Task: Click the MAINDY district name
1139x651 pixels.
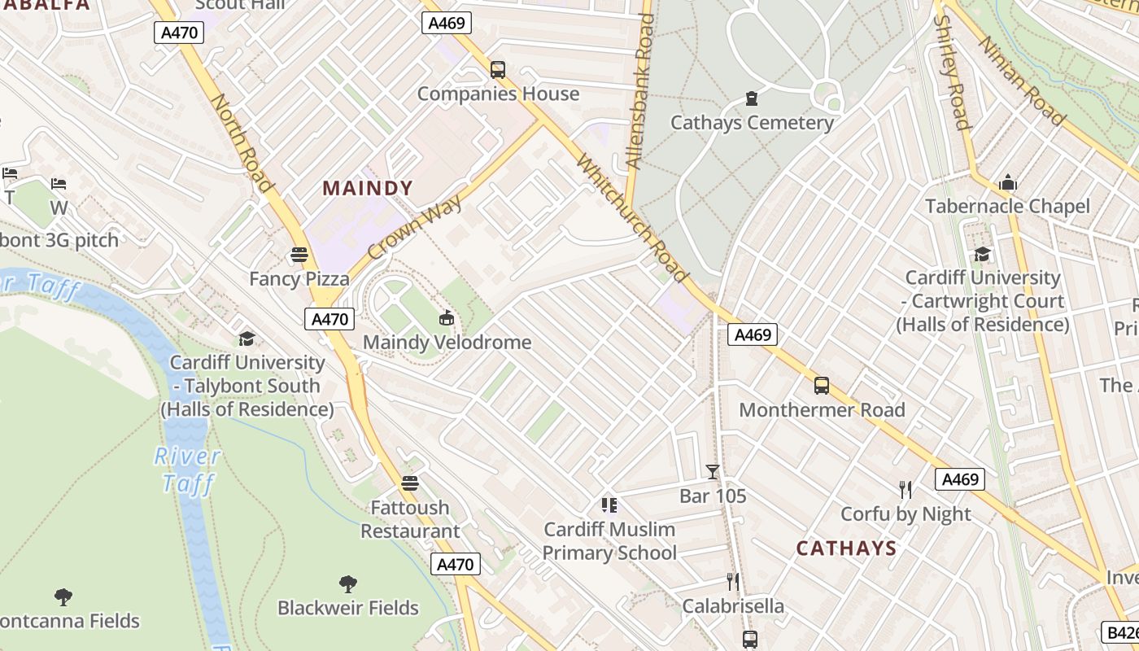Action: coord(368,189)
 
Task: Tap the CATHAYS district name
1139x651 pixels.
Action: coord(846,548)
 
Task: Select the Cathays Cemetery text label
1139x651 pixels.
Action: coord(752,123)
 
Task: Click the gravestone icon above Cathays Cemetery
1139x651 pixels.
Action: coord(752,99)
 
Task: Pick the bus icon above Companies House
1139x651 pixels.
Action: coord(498,70)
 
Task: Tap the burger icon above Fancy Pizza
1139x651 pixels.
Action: coord(299,255)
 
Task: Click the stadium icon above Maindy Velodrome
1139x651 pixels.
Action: coord(446,318)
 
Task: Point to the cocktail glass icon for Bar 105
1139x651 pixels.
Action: coord(713,472)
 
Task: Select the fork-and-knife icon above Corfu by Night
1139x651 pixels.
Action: coord(906,489)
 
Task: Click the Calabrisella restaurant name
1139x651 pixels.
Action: coord(733,606)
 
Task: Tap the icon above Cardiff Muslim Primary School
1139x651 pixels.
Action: coord(609,505)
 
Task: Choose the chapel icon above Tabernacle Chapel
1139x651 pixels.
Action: coord(1008,182)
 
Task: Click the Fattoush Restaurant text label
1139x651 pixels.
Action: coord(410,519)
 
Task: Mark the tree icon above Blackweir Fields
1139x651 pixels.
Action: coord(348,583)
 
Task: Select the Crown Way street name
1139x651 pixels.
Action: coord(415,228)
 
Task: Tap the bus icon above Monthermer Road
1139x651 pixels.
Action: coord(822,386)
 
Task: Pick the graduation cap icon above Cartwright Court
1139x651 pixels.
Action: coord(983,254)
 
